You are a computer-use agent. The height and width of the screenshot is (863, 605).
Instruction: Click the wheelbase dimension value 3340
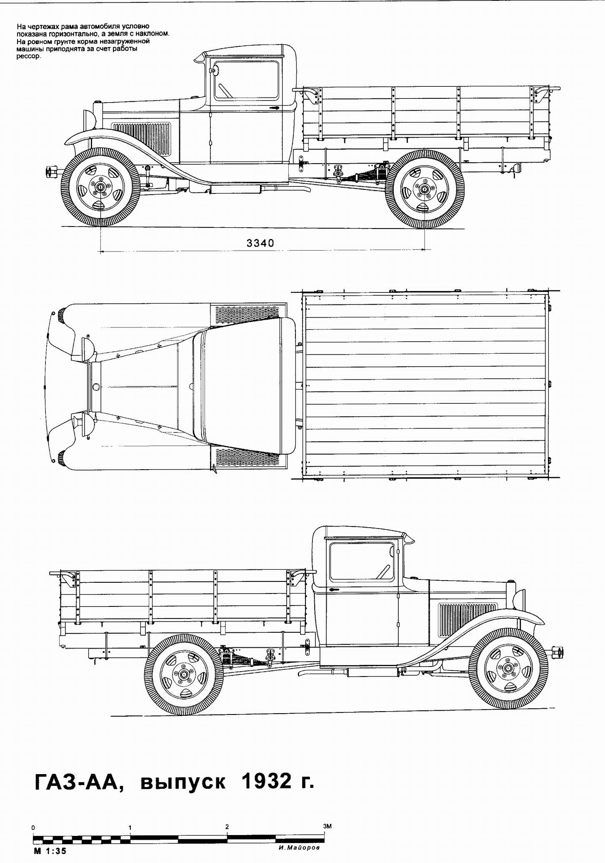[260, 243]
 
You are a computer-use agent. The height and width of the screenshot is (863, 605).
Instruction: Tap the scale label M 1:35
[50, 851]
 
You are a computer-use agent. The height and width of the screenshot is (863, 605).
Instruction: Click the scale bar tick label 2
[227, 827]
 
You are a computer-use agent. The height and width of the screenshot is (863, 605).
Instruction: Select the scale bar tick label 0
[33, 828]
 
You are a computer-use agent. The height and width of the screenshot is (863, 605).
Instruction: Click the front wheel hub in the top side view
[100, 188]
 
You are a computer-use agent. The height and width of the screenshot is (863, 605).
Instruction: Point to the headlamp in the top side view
[90, 121]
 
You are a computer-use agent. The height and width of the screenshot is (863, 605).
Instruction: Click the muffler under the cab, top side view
[235, 189]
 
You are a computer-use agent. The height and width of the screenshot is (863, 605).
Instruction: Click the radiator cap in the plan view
[96, 387]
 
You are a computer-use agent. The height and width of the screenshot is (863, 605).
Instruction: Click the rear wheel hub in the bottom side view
[184, 675]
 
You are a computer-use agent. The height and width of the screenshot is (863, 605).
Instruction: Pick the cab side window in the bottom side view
[362, 561]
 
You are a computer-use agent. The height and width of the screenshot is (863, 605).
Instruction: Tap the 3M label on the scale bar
[327, 826]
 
